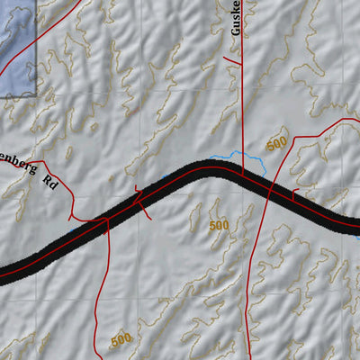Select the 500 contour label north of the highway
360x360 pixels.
coord(276,144)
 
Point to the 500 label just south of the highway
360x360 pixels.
coord(219,224)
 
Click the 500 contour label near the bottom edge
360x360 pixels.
coord(121,340)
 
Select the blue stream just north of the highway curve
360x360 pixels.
coord(252,162)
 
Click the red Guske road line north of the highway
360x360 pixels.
coord(241,108)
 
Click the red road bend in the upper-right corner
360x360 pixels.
coord(337,121)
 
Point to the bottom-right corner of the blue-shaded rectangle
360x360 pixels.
coord(36,94)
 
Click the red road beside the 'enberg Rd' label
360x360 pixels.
coord(70,193)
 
